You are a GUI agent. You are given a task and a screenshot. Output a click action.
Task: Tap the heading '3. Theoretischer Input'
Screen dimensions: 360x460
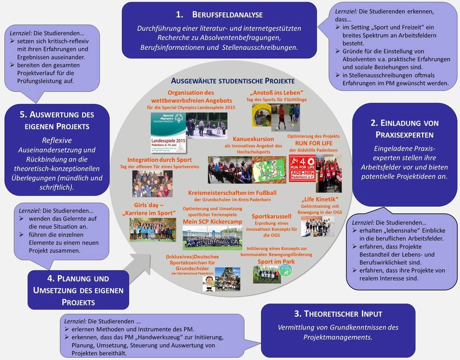click(x=338, y=313)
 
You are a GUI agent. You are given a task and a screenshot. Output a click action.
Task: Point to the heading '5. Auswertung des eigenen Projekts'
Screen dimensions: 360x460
click(x=57, y=120)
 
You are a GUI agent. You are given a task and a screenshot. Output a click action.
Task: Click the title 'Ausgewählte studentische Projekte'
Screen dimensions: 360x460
click(x=233, y=80)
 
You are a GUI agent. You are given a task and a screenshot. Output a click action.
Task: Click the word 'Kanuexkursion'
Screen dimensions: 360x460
click(x=253, y=139)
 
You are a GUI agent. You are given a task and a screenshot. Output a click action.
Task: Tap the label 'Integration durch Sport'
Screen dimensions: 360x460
click(x=159, y=160)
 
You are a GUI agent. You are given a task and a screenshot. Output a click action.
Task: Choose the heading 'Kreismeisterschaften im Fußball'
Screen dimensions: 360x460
click(x=232, y=193)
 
